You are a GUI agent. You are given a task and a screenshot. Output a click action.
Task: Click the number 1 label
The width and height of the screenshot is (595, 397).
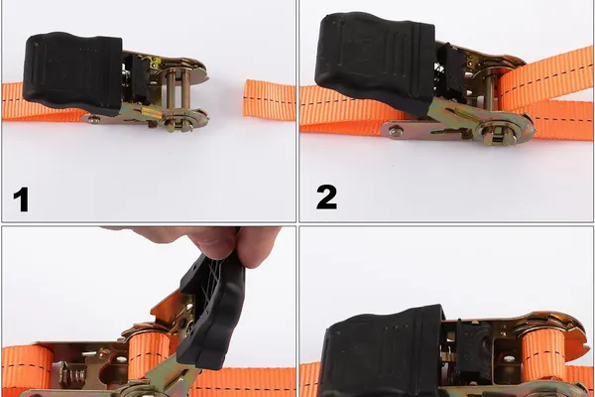point(21,199)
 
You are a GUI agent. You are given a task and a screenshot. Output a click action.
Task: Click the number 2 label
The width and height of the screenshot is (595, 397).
point(326,197)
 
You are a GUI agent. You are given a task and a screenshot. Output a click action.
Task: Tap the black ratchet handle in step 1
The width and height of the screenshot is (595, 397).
point(72,71)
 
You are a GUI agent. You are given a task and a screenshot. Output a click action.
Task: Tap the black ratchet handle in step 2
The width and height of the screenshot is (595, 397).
point(375,62)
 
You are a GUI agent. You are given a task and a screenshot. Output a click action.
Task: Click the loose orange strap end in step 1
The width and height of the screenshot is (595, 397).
point(269,100)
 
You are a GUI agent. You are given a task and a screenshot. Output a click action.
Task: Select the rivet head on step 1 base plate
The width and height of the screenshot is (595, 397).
point(93,120)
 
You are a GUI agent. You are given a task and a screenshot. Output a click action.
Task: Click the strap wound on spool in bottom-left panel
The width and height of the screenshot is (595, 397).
point(149,351)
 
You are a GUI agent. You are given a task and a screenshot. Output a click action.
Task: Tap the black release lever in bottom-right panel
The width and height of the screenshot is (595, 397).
point(473,351)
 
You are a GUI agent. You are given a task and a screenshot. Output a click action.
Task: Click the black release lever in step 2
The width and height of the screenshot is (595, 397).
point(451,72)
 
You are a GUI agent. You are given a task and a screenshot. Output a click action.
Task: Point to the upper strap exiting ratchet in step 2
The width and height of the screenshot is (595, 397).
point(546,77)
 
